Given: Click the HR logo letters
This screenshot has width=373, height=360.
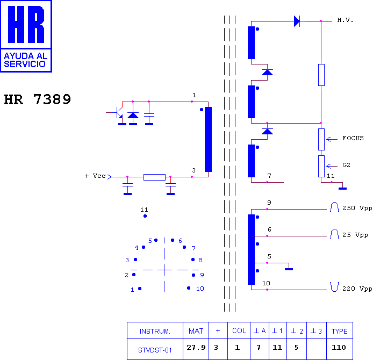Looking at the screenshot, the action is (26, 24).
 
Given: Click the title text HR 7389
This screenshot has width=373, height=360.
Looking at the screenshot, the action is (38, 99).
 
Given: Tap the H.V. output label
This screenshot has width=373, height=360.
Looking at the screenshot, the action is (345, 20).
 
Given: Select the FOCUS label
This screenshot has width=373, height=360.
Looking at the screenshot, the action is (353, 138).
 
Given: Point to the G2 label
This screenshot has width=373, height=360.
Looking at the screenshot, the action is (346, 165).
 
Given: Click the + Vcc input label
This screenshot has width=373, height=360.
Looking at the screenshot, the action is (95, 176).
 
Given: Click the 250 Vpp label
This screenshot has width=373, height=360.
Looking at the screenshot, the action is (357, 208).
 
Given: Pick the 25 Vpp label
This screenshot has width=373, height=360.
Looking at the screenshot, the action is (355, 235).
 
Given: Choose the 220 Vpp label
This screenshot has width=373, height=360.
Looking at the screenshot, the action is (357, 289).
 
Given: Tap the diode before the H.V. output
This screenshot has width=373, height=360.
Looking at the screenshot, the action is (297, 21).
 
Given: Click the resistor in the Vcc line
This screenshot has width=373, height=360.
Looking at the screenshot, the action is (154, 177).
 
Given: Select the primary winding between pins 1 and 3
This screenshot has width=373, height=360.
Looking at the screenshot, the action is (208, 139).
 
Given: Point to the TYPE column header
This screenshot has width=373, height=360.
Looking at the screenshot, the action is (340, 331).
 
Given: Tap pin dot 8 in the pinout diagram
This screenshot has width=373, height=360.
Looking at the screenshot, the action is (193, 260).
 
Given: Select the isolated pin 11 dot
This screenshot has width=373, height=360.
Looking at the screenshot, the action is (145, 216).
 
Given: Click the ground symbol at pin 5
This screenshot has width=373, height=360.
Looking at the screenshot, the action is (289, 269).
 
